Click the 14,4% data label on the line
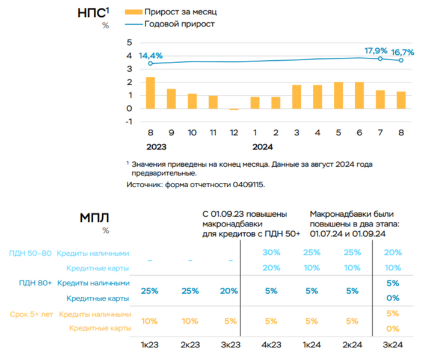150,56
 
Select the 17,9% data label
376,51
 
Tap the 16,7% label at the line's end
403,52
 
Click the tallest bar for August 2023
150,93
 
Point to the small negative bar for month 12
234,109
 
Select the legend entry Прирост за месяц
174,11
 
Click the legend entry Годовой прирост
179,24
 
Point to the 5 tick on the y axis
128,43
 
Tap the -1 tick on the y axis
127,122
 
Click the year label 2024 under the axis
262,146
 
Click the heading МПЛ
95,218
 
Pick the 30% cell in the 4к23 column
272,252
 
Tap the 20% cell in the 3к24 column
393,252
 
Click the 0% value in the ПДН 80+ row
393,298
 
